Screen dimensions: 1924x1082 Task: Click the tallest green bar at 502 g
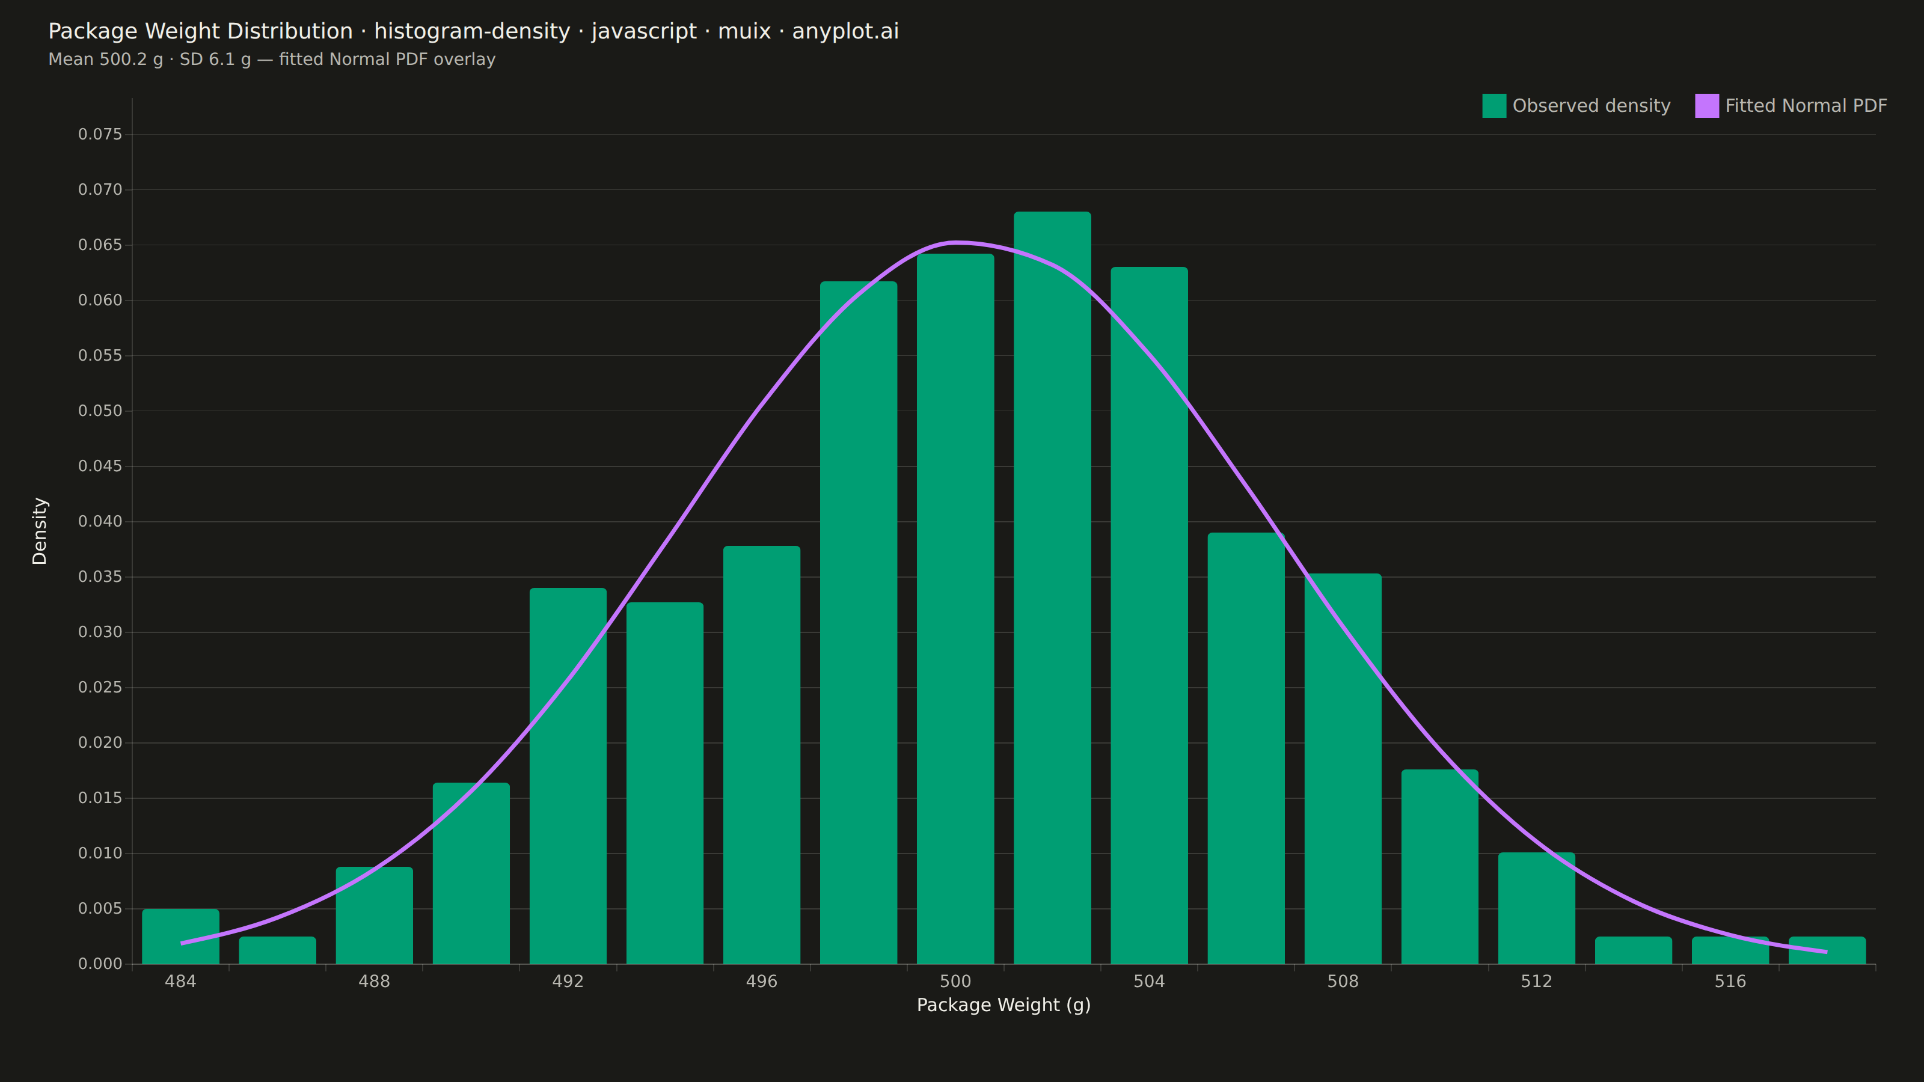point(1052,588)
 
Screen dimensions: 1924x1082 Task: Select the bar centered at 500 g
point(955,608)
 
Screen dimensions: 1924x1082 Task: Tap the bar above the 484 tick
point(181,937)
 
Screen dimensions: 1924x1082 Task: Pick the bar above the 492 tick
point(568,776)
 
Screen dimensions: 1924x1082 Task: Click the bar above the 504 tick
point(1149,616)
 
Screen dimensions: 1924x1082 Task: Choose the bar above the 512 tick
point(1536,908)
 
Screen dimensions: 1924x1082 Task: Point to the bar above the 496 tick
point(761,755)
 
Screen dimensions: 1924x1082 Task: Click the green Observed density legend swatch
point(1494,106)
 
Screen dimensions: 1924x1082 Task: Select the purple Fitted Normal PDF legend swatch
point(1707,106)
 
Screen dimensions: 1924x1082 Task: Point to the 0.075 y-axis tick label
point(100,135)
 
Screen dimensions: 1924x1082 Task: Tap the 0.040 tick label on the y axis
point(100,521)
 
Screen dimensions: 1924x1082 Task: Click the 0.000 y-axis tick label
point(100,964)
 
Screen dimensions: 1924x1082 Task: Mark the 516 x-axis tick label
point(1730,981)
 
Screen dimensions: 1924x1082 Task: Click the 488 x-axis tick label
point(374,981)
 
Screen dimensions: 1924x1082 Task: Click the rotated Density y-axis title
point(40,531)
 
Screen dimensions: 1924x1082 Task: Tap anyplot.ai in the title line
point(845,31)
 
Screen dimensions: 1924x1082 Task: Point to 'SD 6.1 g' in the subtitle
point(215,59)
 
